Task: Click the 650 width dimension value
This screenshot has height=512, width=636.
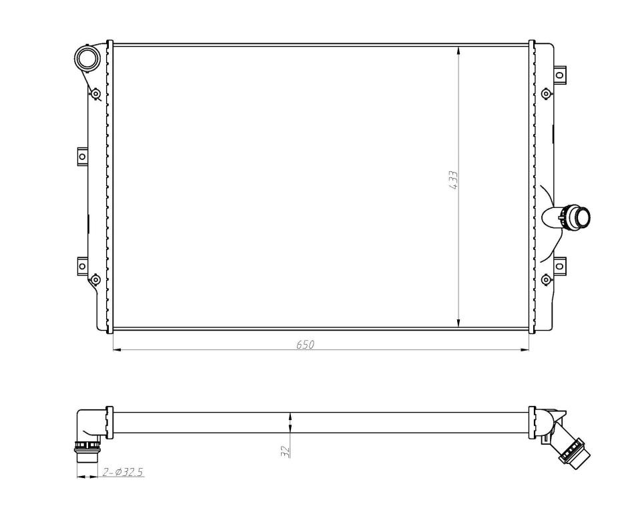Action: (x=306, y=344)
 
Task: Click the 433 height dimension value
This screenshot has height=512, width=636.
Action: (x=453, y=180)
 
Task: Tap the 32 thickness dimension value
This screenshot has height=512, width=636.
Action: (x=286, y=451)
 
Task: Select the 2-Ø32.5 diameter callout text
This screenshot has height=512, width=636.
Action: (x=123, y=472)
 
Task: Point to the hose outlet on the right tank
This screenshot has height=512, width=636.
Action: (x=566, y=216)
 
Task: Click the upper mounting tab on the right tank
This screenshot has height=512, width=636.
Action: (x=560, y=75)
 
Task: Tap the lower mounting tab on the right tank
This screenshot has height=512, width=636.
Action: (x=560, y=266)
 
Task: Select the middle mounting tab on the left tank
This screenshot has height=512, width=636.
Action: (x=82, y=157)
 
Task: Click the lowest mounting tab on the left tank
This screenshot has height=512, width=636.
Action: (x=82, y=266)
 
